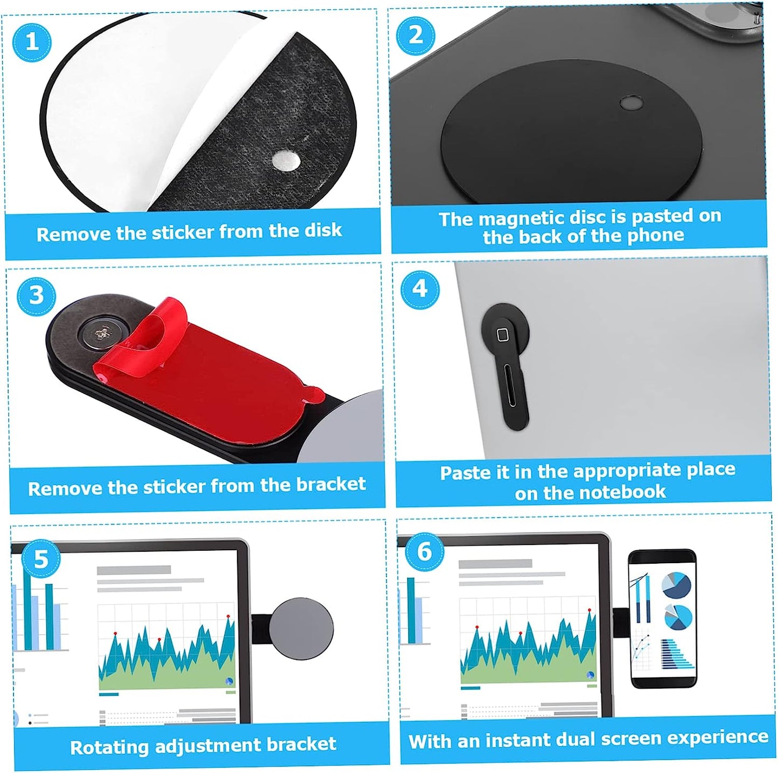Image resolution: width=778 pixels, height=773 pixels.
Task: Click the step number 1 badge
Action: click(x=32, y=41)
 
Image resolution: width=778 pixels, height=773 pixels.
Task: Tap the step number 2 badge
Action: click(x=415, y=35)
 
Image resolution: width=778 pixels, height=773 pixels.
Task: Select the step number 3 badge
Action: click(x=36, y=295)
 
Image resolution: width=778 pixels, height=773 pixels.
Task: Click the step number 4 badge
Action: click(x=419, y=289)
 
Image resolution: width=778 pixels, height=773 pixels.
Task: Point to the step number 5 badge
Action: click(x=41, y=559)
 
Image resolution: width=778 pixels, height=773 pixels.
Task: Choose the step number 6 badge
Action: click(x=424, y=551)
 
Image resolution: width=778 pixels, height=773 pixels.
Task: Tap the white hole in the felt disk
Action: click(x=286, y=160)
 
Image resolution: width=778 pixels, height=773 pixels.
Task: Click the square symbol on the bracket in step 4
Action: click(x=502, y=335)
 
